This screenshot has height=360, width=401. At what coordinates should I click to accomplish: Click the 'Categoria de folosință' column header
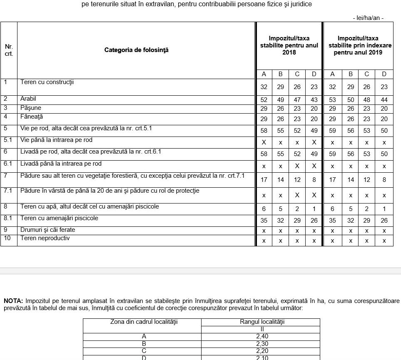tap(136, 50)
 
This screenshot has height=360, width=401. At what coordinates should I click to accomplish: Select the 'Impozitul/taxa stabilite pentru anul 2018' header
tap(289, 45)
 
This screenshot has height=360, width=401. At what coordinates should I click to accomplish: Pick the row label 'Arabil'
tap(28, 99)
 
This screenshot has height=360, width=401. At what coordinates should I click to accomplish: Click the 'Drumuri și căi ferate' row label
tap(48, 230)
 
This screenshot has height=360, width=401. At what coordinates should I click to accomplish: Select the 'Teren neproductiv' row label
tap(45, 238)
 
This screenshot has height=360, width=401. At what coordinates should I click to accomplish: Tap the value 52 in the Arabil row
tap(264, 100)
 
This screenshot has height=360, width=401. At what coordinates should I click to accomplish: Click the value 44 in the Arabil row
tap(384, 100)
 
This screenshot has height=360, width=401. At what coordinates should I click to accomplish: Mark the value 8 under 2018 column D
tap(314, 180)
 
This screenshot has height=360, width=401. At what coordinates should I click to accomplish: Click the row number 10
tap(7, 238)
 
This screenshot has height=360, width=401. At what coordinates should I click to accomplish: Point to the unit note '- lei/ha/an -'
tap(368, 18)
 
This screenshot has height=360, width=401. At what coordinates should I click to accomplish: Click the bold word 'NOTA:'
tap(14, 301)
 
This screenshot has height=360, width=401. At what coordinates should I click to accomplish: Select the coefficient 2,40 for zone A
tap(261, 336)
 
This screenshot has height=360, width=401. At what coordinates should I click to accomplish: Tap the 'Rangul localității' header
tap(261, 322)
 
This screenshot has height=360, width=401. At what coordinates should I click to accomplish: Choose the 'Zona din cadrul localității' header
tap(142, 322)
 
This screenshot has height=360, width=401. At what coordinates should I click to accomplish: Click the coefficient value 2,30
tap(261, 343)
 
